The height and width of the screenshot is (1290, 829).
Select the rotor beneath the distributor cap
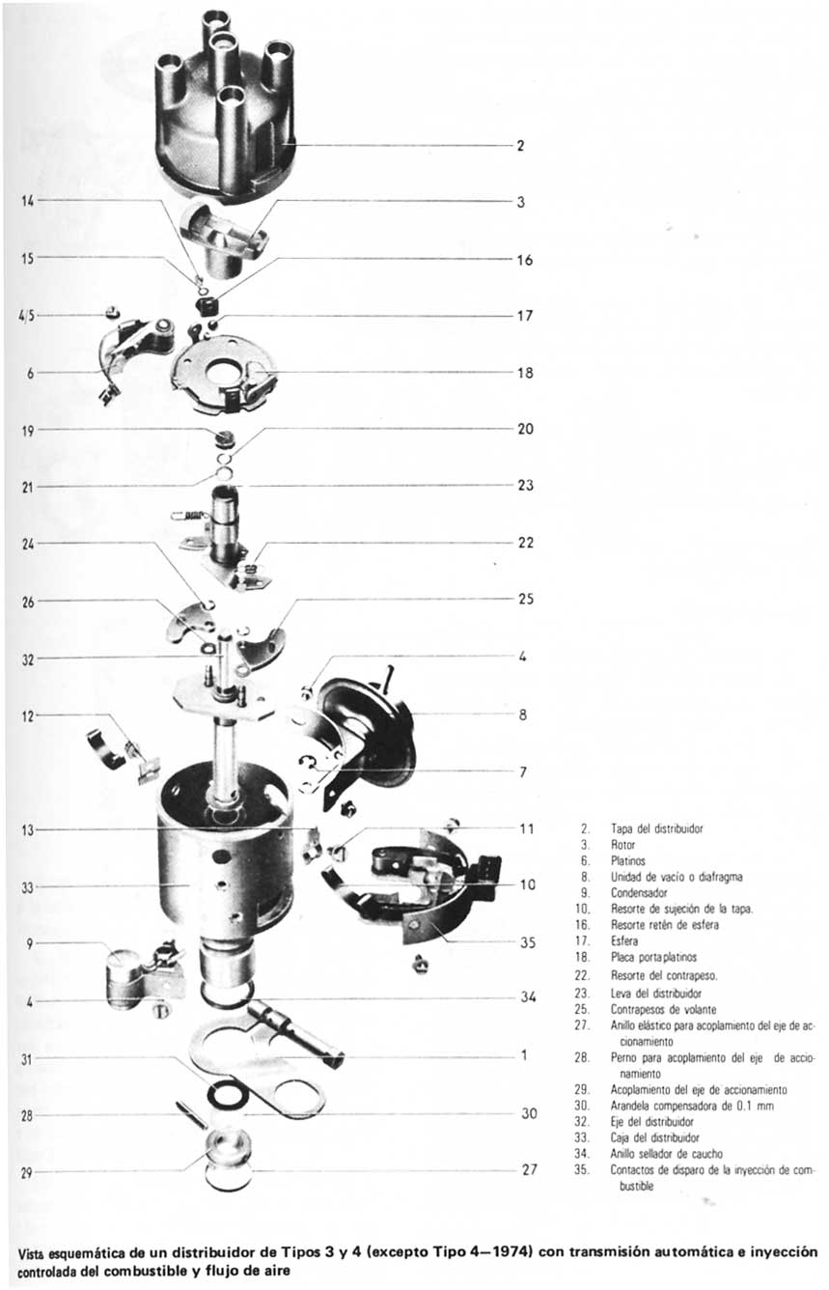coord(224,232)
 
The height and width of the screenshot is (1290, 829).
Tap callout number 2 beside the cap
coord(520,147)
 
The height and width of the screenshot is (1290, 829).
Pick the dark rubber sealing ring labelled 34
coord(228,995)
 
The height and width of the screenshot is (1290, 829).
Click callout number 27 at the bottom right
coord(528,1169)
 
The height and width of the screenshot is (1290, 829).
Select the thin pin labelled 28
coord(190,1113)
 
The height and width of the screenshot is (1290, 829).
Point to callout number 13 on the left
coord(26,829)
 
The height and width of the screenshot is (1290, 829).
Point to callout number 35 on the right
coord(528,942)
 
